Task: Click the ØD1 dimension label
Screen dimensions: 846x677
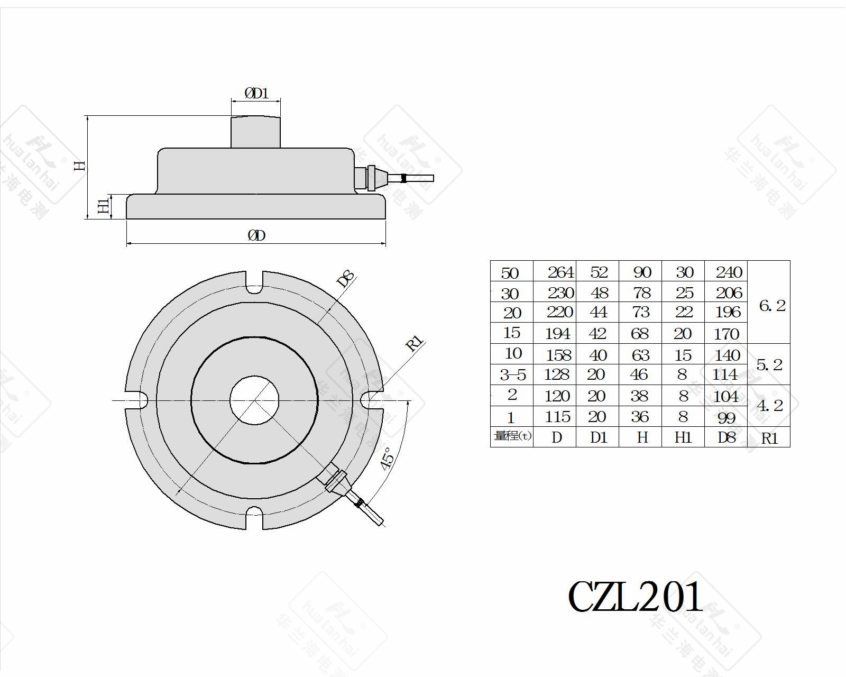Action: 256,93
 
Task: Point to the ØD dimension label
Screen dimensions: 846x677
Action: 257,235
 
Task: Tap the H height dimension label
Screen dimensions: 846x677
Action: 80,166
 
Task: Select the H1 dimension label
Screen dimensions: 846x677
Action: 104,206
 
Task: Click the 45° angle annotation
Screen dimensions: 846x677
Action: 387,458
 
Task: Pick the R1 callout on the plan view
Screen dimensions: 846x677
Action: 415,343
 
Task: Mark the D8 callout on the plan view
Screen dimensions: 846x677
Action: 346,279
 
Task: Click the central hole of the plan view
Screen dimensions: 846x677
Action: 254,400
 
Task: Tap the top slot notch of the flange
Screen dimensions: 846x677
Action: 254,282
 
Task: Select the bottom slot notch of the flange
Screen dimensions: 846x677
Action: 254,518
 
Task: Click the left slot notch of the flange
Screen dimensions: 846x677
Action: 136,400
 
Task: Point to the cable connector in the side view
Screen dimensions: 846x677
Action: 393,179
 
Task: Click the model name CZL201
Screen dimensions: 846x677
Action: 635,596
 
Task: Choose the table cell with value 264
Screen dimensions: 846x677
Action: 560,272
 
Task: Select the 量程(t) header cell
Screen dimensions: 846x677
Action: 512,436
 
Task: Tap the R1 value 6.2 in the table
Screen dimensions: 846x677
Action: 771,305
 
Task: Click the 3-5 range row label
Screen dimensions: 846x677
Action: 513,374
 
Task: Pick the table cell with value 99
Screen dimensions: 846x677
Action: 726,417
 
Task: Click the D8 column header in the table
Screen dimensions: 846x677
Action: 726,437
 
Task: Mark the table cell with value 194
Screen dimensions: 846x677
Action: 557,334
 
